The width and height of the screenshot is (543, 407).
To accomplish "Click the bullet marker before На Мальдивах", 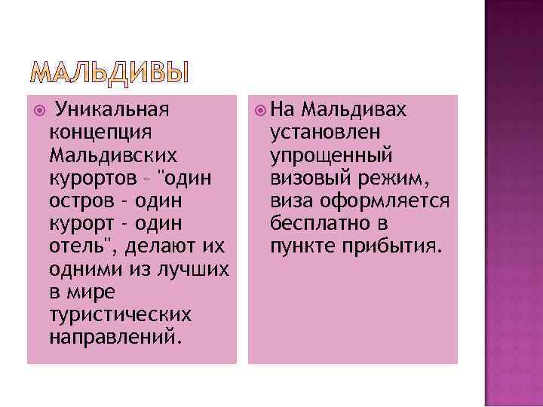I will point(260,110).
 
